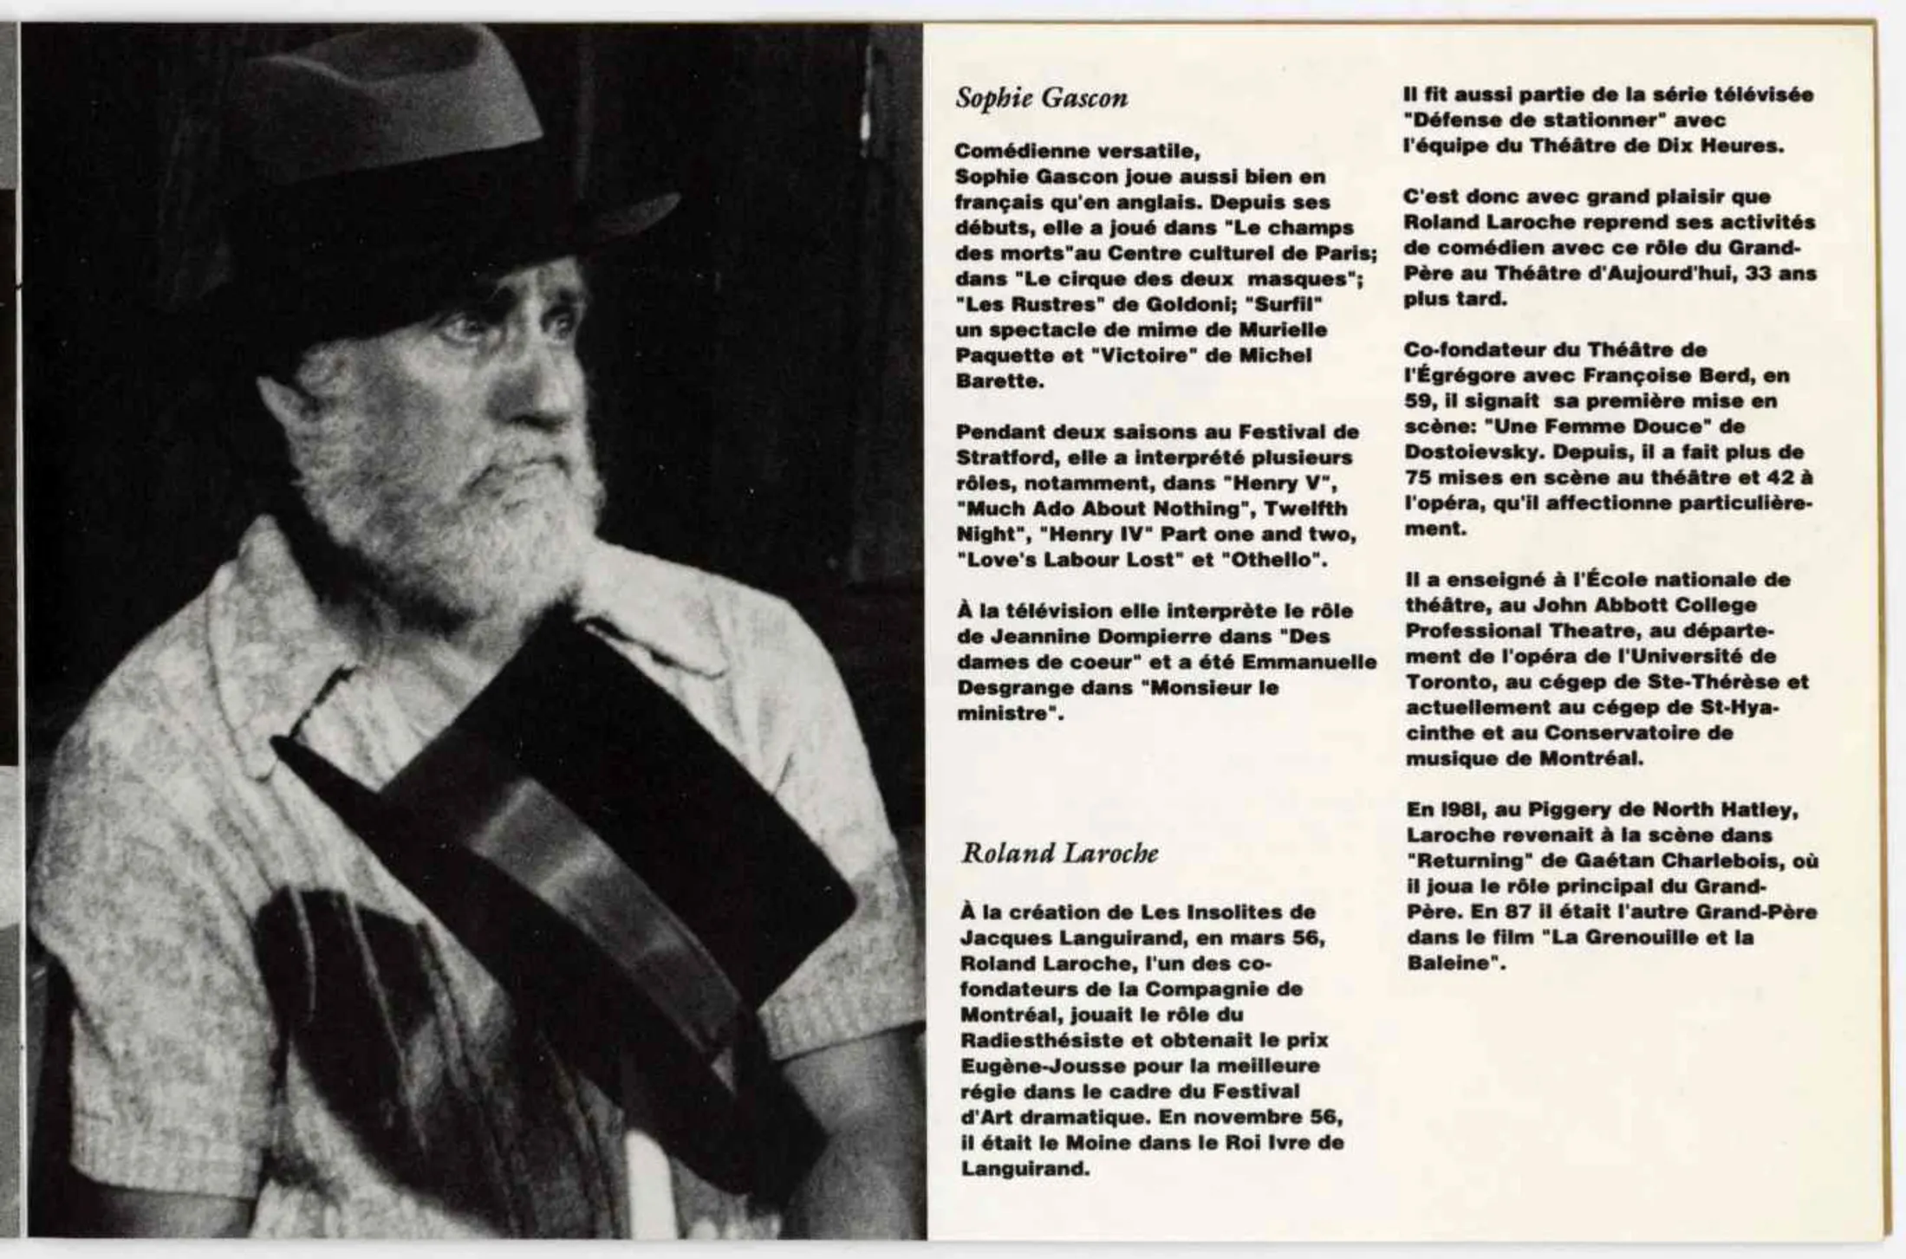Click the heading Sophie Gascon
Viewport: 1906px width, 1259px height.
pos(1041,98)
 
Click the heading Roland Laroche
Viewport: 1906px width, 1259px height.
pos(1059,854)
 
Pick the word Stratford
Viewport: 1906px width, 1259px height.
pos(999,458)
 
